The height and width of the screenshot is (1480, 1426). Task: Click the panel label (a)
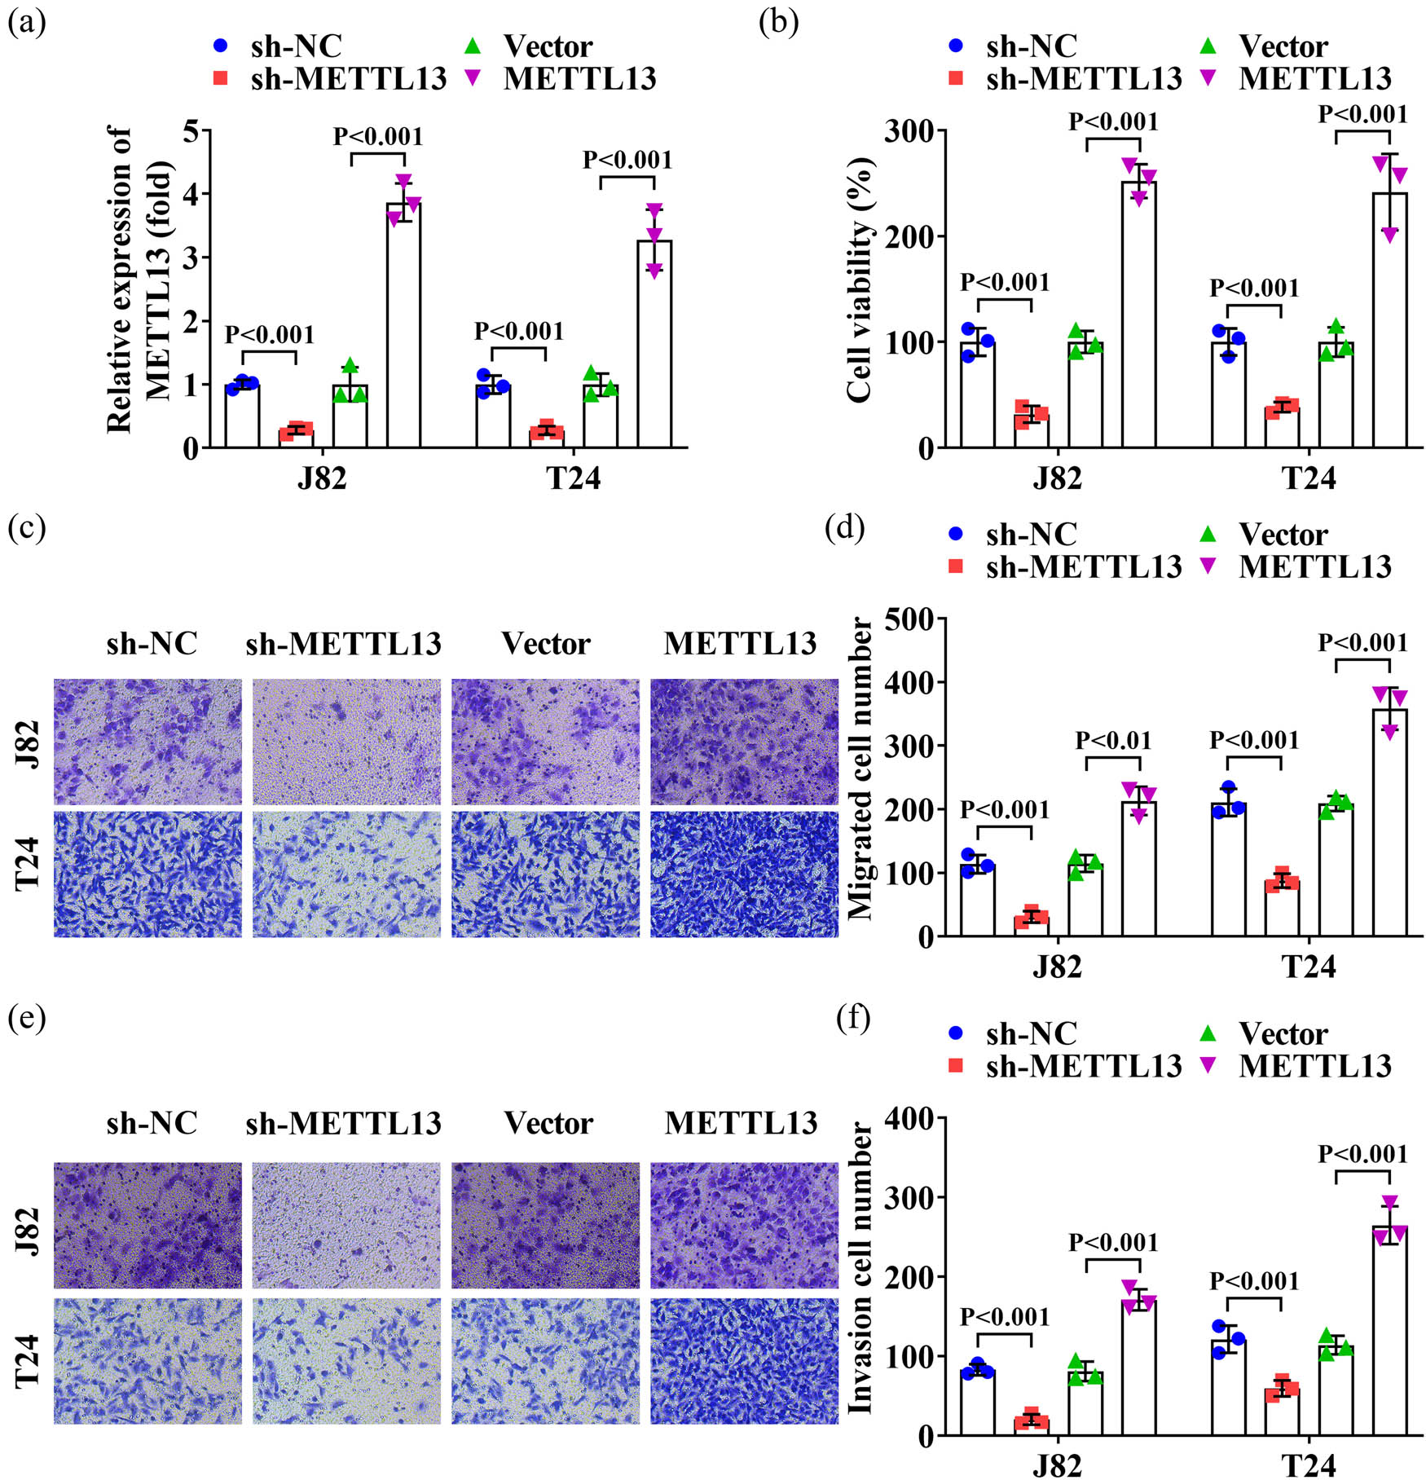(26, 22)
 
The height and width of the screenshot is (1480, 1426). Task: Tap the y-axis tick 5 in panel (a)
(192, 130)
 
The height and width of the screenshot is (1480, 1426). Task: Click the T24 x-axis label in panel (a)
(573, 478)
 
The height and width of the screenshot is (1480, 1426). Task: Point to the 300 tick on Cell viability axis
(910, 130)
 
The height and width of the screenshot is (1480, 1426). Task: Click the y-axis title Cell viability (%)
(860, 281)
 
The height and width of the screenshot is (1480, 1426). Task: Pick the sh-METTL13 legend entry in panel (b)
(1067, 78)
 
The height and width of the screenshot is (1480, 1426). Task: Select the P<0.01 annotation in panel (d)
(1113, 741)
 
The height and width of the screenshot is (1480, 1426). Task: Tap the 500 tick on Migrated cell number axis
(910, 619)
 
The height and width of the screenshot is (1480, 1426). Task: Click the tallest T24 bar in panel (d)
(1390, 823)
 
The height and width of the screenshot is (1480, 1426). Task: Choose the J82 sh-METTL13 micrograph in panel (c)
(346, 742)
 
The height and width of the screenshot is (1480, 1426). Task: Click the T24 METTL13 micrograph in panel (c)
(744, 874)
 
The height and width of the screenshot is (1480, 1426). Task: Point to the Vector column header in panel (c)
(545, 644)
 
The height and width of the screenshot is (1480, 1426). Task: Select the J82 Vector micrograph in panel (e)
(545, 1225)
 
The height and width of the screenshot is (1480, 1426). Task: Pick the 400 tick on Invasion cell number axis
(910, 1118)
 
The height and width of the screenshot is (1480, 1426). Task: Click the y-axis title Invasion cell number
(860, 1267)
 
